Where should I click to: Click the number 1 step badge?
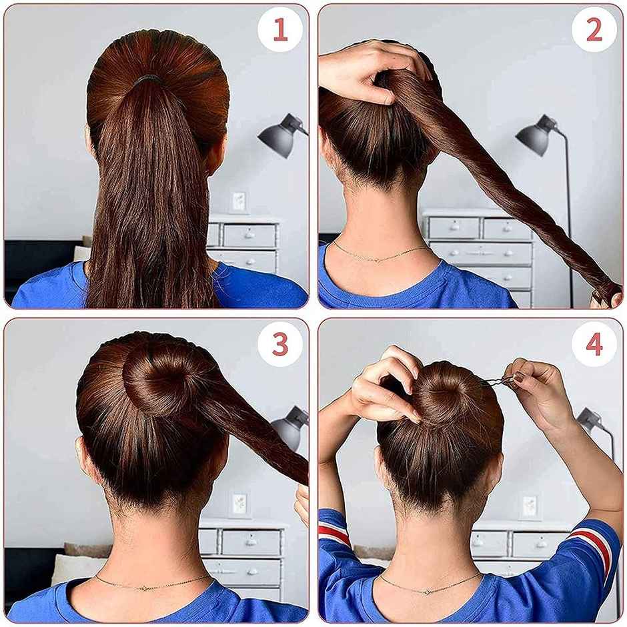[280, 30]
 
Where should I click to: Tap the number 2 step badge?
[594, 30]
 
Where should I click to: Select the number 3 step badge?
[280, 344]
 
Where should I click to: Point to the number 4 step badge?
[594, 344]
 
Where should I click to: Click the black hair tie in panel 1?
[148, 79]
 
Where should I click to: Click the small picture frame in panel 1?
[238, 201]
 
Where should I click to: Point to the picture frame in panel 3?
[239, 504]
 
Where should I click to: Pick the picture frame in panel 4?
[530, 506]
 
